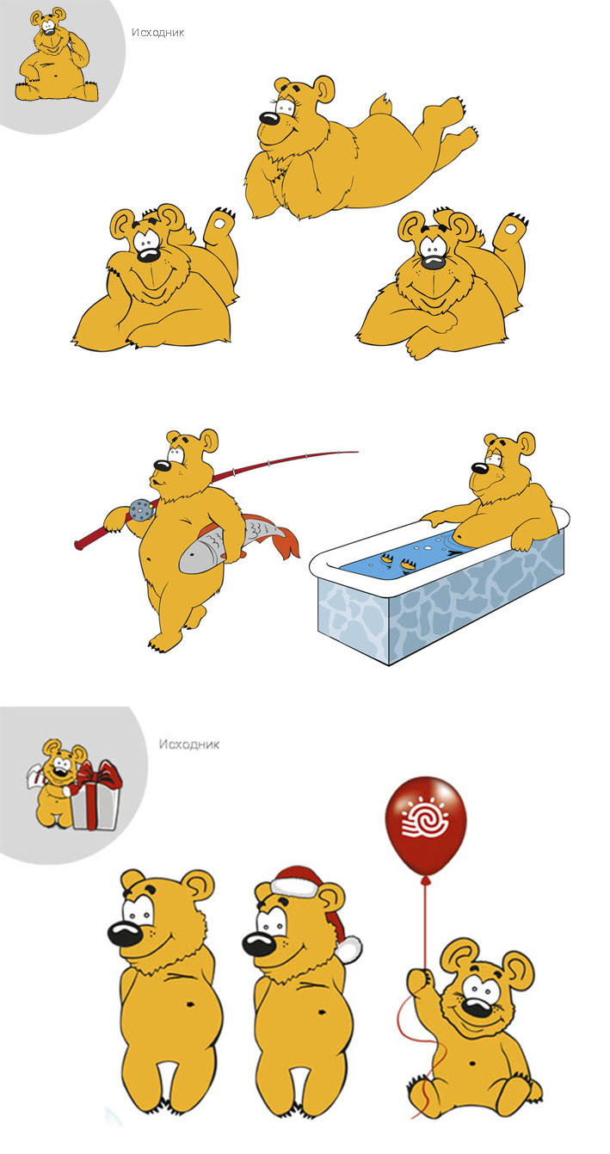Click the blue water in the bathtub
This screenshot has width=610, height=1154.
404,559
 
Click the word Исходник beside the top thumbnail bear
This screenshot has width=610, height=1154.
158,33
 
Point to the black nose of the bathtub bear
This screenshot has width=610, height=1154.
479,468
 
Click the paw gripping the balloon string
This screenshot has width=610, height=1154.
419,978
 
